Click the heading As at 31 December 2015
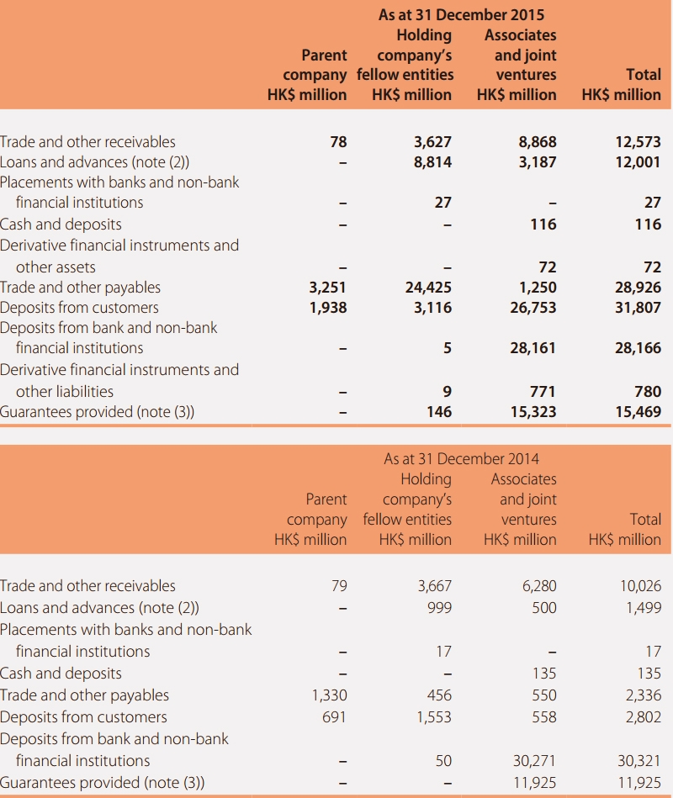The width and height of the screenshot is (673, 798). [x=461, y=15]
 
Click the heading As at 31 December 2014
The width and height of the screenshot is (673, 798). [x=461, y=458]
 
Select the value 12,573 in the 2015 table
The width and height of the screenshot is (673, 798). [x=638, y=142]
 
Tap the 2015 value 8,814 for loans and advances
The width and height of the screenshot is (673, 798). [x=432, y=162]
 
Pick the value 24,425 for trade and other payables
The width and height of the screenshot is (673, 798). [x=428, y=288]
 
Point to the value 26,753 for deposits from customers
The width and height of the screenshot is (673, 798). [x=533, y=308]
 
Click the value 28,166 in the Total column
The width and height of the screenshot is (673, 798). [x=638, y=348]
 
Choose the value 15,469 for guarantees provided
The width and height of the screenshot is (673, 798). [x=638, y=412]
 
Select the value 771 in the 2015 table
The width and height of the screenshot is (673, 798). [x=542, y=391]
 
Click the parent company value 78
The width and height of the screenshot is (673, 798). [x=338, y=142]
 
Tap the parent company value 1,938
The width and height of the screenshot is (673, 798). [x=328, y=308]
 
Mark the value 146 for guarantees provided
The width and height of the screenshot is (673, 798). [x=439, y=412]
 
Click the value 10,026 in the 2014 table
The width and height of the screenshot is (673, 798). [x=640, y=586]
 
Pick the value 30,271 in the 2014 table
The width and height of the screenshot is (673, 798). [x=534, y=761]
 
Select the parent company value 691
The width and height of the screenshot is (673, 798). [x=334, y=717]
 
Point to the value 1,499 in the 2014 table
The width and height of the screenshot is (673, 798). [x=644, y=608]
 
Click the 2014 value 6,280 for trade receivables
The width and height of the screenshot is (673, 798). [x=539, y=586]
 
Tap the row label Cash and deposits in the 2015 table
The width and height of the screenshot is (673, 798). [x=61, y=225]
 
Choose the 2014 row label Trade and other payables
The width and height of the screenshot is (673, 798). [x=84, y=695]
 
